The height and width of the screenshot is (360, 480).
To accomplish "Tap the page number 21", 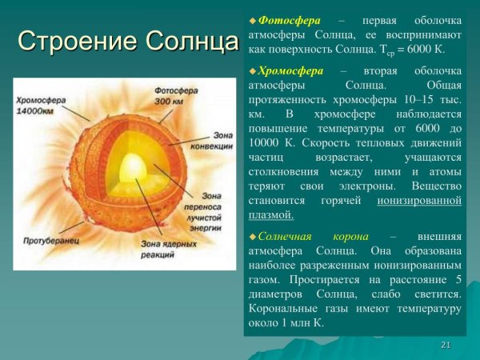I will point(446,345).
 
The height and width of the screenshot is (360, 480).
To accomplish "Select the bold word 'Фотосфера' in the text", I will point(281,19).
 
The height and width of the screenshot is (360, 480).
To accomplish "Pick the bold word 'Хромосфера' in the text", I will point(286,70).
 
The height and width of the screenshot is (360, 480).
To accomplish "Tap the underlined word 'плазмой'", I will point(271,214).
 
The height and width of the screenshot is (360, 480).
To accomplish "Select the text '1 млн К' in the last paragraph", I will point(304,323).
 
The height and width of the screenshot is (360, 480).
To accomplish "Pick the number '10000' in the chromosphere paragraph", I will point(266,142).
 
